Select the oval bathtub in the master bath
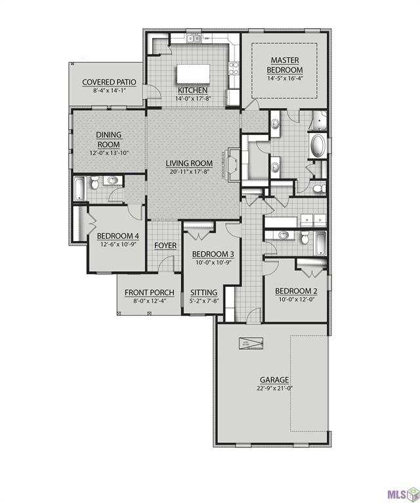tap(317, 145)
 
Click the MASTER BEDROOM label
tap(285, 65)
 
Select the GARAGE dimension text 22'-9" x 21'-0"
tap(274, 388)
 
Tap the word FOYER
tap(165, 246)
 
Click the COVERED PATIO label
tap(108, 83)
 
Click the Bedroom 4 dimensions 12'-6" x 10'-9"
tap(118, 244)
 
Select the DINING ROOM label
tap(110, 140)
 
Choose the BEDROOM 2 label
tap(296, 291)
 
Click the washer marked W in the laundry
tap(307, 220)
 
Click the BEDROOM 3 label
tap(213, 254)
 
